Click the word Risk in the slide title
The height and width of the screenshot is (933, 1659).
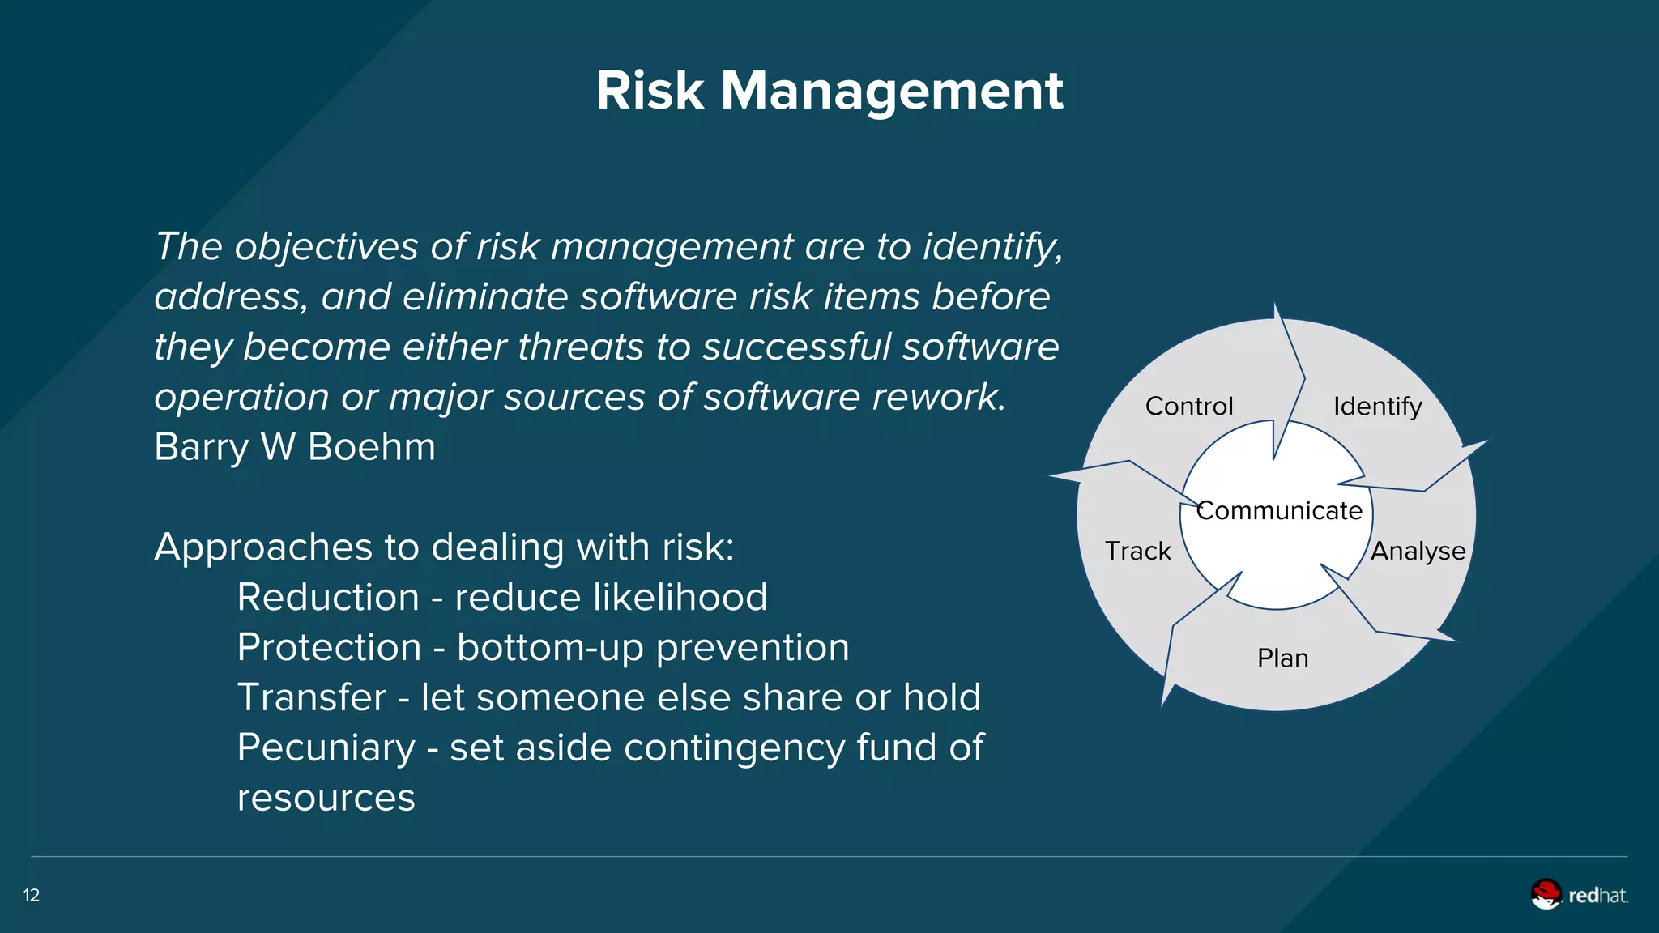pyautogui.click(x=650, y=90)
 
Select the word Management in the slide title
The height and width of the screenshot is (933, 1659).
pyautogui.click(x=891, y=92)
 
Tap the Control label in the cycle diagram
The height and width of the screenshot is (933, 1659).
pyautogui.click(x=1188, y=406)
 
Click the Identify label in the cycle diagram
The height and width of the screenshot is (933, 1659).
pyautogui.click(x=1377, y=406)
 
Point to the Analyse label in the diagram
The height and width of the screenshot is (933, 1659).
pyautogui.click(x=1418, y=551)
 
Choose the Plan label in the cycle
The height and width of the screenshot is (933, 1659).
pyautogui.click(x=1282, y=658)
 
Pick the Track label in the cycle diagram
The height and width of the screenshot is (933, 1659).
pyautogui.click(x=1137, y=551)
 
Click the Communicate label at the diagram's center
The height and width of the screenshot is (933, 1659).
pyautogui.click(x=1279, y=510)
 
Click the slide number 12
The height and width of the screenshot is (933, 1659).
pyautogui.click(x=32, y=895)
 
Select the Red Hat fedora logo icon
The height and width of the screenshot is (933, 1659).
pyautogui.click(x=1546, y=894)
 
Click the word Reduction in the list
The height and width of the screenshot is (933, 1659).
pyautogui.click(x=328, y=598)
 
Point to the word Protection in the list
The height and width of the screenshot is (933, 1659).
pyautogui.click(x=329, y=648)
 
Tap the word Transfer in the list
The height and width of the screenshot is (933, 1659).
pyautogui.click(x=311, y=697)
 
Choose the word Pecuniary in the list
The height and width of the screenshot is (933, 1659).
pyautogui.click(x=326, y=748)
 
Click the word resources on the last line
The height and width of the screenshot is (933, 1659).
pyautogui.click(x=326, y=798)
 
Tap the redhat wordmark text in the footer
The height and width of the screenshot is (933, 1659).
pyautogui.click(x=1597, y=895)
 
